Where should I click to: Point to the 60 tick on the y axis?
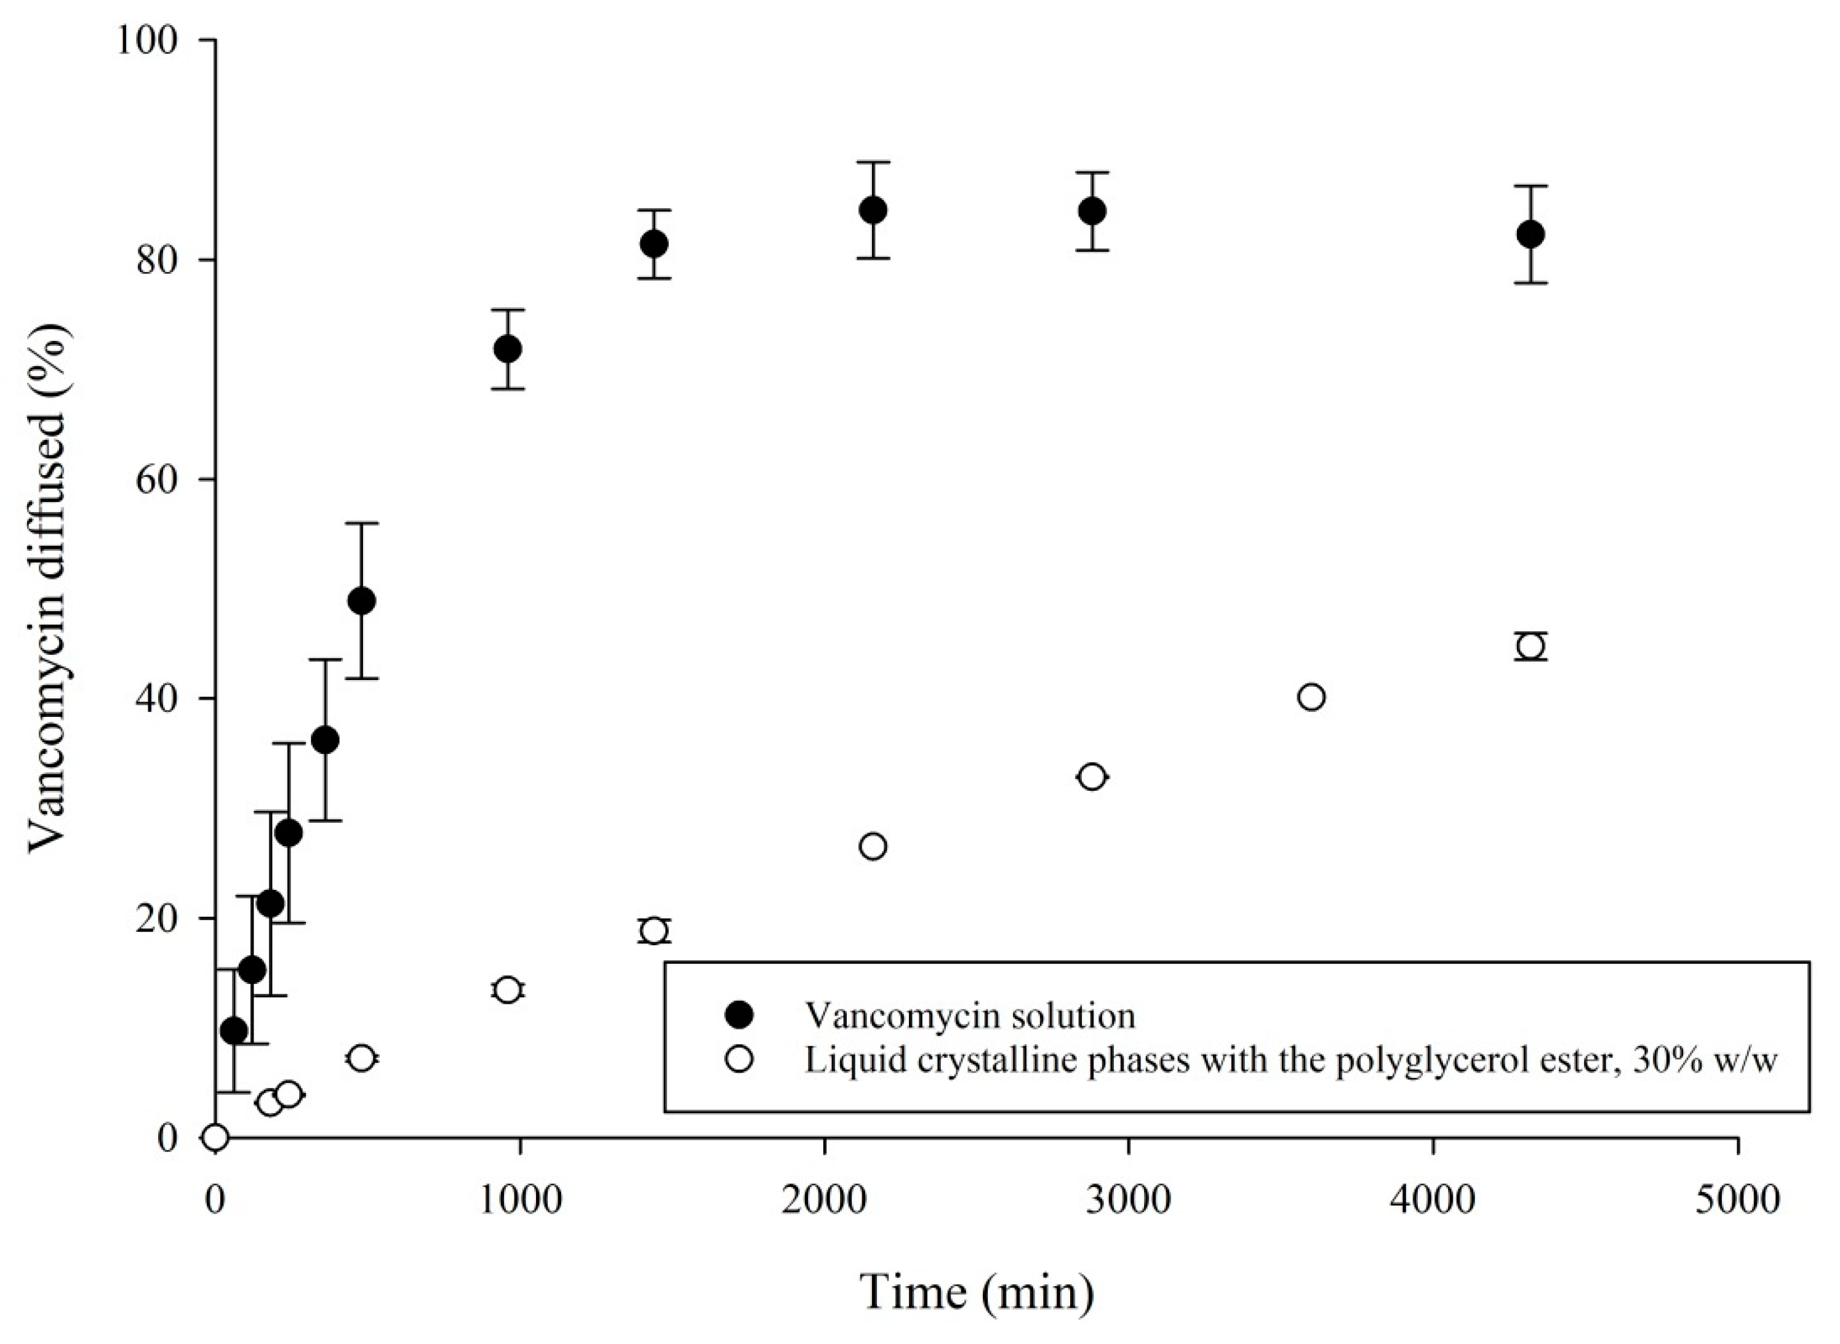[x=165, y=479]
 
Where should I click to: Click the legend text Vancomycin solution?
[x=970, y=1015]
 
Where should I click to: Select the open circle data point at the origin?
[x=215, y=1137]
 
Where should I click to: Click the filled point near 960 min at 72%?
[x=508, y=349]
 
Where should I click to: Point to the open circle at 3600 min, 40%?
[x=1312, y=697]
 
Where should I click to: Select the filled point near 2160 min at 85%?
[x=873, y=210]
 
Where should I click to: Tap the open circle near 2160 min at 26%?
[x=873, y=847]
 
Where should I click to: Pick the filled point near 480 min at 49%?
[x=361, y=601]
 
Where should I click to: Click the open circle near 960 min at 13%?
[x=508, y=990]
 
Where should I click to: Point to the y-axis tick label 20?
[x=165, y=918]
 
